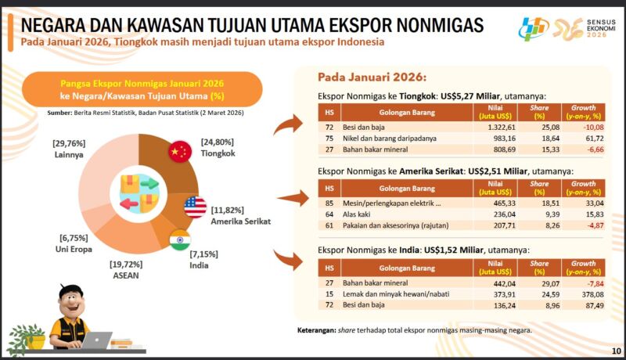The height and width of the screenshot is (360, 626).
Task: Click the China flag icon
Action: tap(181, 153)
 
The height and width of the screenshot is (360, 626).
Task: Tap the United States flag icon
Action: tap(196, 207)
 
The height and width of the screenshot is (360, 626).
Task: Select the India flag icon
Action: tap(180, 239)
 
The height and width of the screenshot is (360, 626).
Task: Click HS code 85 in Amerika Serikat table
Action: tap(329, 203)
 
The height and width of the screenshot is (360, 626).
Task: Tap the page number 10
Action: tap(616, 350)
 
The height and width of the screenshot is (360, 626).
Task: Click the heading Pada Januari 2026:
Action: tap(372, 78)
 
